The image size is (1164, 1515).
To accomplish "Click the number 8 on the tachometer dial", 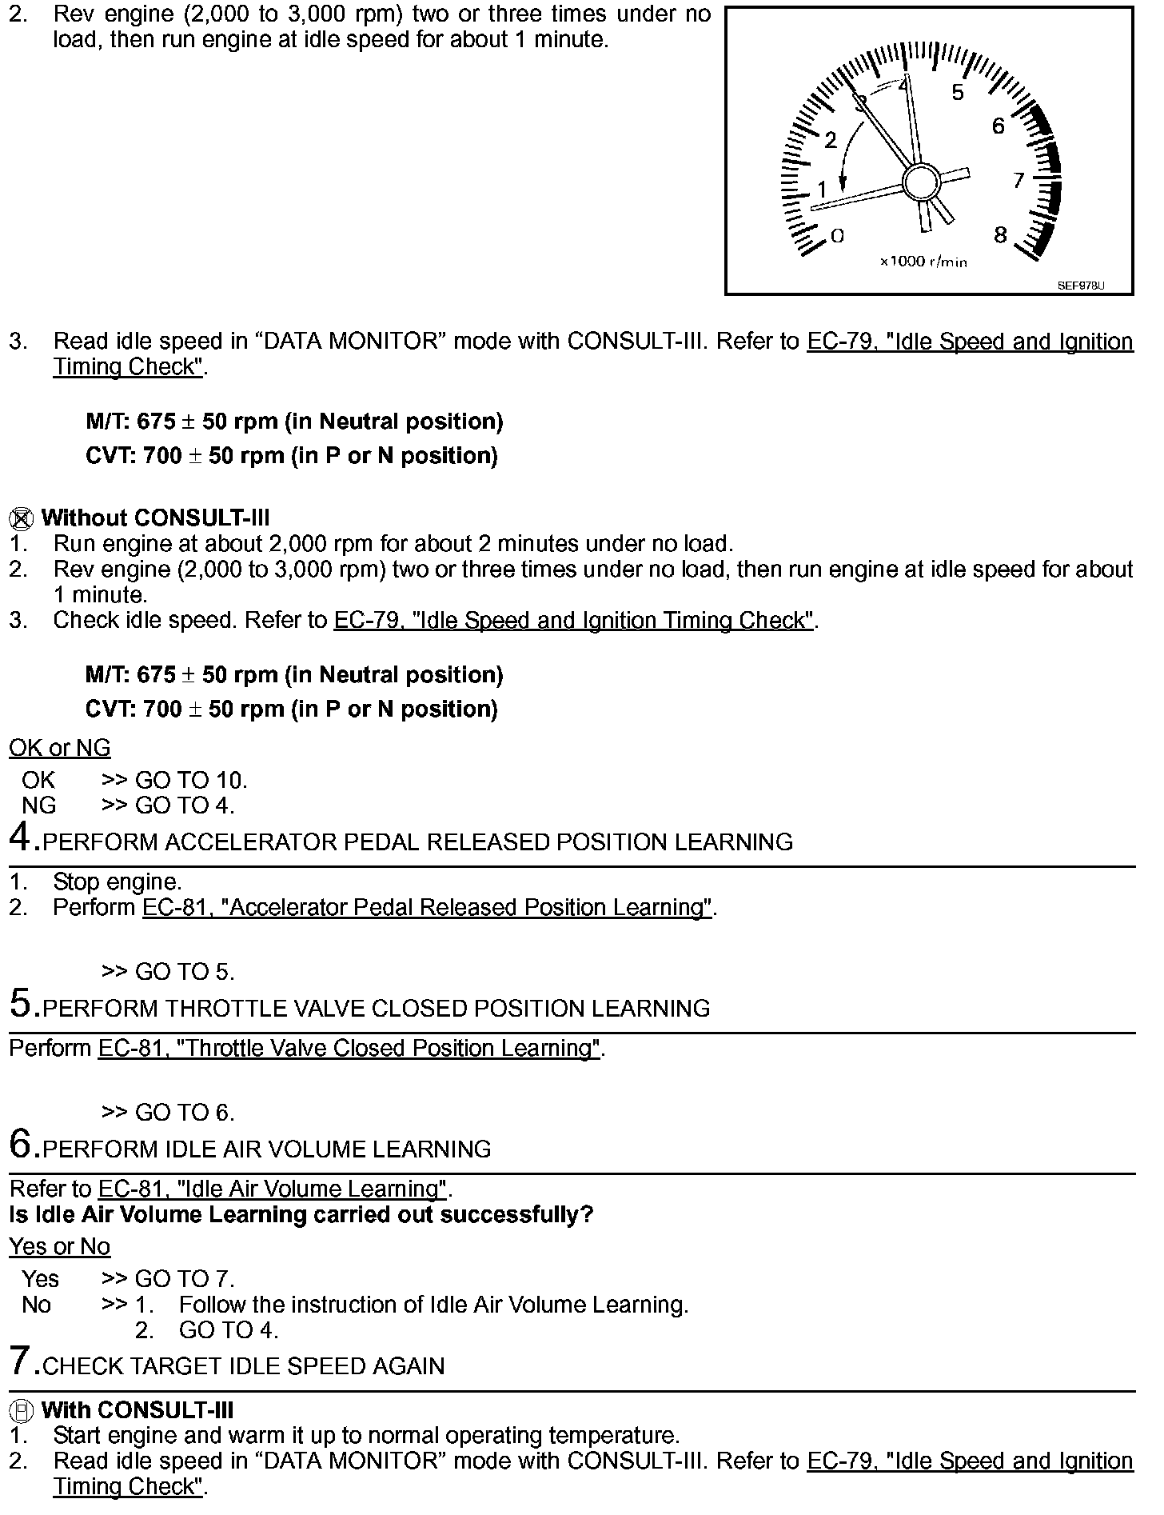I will pos(1000,235).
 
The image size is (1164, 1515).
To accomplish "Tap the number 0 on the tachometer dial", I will pos(837,235).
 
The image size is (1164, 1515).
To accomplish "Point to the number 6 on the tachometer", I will pos(998,126).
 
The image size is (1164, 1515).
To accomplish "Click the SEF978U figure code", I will pos(1081,286).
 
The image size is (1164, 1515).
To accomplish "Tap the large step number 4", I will pos(21,837).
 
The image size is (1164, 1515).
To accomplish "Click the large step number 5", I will pos(21,1004).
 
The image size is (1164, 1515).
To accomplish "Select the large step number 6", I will pos(21,1145).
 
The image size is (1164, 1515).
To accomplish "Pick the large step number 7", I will pos(21,1361).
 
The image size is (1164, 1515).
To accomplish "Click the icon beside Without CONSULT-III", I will pos(21,519).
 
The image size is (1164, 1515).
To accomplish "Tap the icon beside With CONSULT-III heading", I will pos(22,1410).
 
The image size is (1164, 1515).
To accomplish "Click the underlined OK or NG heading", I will pos(60,748).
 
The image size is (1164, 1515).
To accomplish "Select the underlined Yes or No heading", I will pos(60,1246).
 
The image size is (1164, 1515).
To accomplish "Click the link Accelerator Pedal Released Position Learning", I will pos(427,908).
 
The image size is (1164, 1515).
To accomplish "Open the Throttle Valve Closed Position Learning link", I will pos(349,1049).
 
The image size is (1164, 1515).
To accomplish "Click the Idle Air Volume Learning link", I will pos(272,1189).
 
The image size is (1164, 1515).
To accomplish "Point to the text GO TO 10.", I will pos(191,780).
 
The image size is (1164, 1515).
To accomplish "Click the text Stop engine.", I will pos(118,882).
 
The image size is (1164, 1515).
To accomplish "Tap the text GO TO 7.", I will pos(185,1279).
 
